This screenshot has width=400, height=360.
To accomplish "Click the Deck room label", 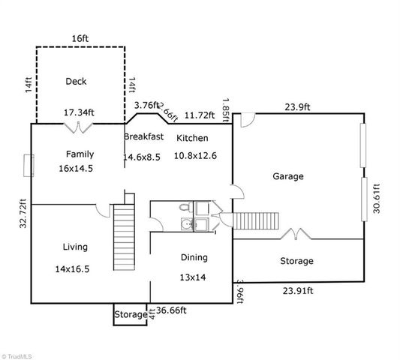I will tap(77, 81).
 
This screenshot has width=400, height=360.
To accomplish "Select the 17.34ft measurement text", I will tap(79, 113).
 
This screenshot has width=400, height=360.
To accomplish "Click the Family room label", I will tap(80, 154).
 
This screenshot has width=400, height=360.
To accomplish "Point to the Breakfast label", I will tap(143, 136).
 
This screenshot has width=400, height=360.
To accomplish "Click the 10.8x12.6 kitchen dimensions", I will tap(195, 156).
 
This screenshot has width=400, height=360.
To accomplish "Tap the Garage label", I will tap(287, 177).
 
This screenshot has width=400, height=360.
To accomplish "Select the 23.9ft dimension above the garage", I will tap(296, 106).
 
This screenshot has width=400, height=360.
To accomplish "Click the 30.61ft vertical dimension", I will tap(377, 199).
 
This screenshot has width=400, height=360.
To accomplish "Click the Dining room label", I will tap(194, 257).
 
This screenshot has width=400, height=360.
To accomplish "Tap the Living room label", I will tap(74, 247).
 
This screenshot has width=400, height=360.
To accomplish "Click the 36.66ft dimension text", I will tap(171, 310).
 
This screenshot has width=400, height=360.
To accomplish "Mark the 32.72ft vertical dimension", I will tap(23, 212).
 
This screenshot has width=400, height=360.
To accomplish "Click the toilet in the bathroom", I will tap(185, 208).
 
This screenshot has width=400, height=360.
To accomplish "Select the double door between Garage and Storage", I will tap(295, 234).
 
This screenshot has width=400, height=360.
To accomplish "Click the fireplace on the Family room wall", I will tap(28, 165).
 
